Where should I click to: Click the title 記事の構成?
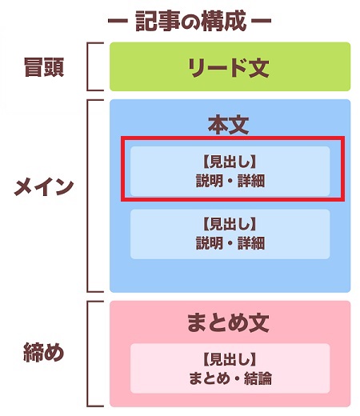click(191, 22)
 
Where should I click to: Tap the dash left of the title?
click(118, 21)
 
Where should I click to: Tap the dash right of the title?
click(262, 21)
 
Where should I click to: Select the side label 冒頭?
click(44, 67)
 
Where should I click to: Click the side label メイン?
click(44, 186)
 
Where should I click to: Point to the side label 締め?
click(44, 352)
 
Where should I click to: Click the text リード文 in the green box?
click(229, 68)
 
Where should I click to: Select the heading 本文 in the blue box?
click(229, 125)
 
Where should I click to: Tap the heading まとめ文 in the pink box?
click(228, 322)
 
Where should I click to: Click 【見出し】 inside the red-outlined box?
click(230, 162)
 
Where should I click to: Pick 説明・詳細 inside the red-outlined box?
click(230, 181)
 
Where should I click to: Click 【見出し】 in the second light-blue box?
click(230, 224)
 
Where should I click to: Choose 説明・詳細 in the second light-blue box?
click(230, 243)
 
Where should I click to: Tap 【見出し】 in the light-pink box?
click(230, 359)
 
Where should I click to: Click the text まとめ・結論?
click(230, 378)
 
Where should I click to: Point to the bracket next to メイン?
click(88, 196)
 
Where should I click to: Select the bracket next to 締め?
click(88, 354)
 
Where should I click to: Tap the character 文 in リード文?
click(258, 68)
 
